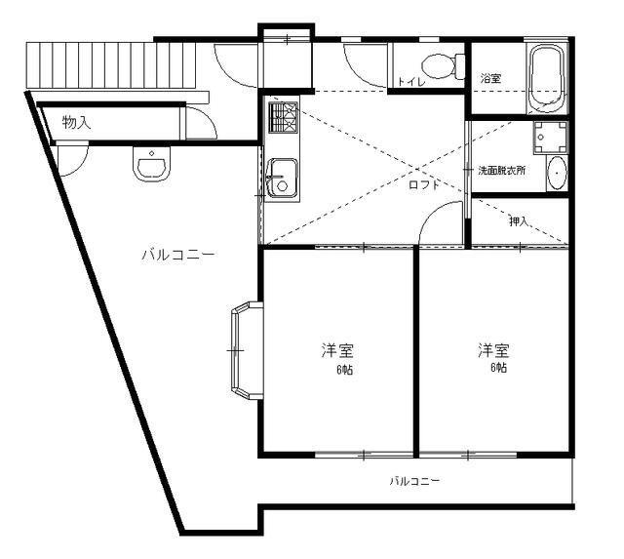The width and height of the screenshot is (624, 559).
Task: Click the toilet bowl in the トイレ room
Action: coord(443,65)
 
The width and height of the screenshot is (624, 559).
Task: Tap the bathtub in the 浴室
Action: coord(546,79)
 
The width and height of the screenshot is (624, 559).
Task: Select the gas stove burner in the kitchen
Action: coord(283,117)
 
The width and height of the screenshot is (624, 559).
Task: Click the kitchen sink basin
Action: coord(283,178)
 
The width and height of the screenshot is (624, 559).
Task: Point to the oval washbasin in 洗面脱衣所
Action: coord(557,174)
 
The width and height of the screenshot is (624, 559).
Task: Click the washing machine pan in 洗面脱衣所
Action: coord(550,138)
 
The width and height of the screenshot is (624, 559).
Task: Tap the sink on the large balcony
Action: coord(152,164)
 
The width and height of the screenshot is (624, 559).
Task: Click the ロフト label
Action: coord(424,185)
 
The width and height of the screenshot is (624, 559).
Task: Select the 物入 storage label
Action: coord(76,122)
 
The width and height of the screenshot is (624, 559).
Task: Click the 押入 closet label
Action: coord(519,221)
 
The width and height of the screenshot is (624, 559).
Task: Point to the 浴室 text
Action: coord(490,78)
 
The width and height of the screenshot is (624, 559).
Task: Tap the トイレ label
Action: coord(411,82)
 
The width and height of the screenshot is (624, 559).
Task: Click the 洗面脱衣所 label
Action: coord(501,171)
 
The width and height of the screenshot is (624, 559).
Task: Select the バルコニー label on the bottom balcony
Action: coord(414,481)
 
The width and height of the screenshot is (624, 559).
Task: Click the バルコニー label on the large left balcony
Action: coord(178,255)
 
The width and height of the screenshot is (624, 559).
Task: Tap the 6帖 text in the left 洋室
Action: coord(344,370)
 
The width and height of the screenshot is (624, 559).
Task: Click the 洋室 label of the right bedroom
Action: coord(493,350)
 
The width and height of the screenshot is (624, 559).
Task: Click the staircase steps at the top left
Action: coord(111,65)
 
